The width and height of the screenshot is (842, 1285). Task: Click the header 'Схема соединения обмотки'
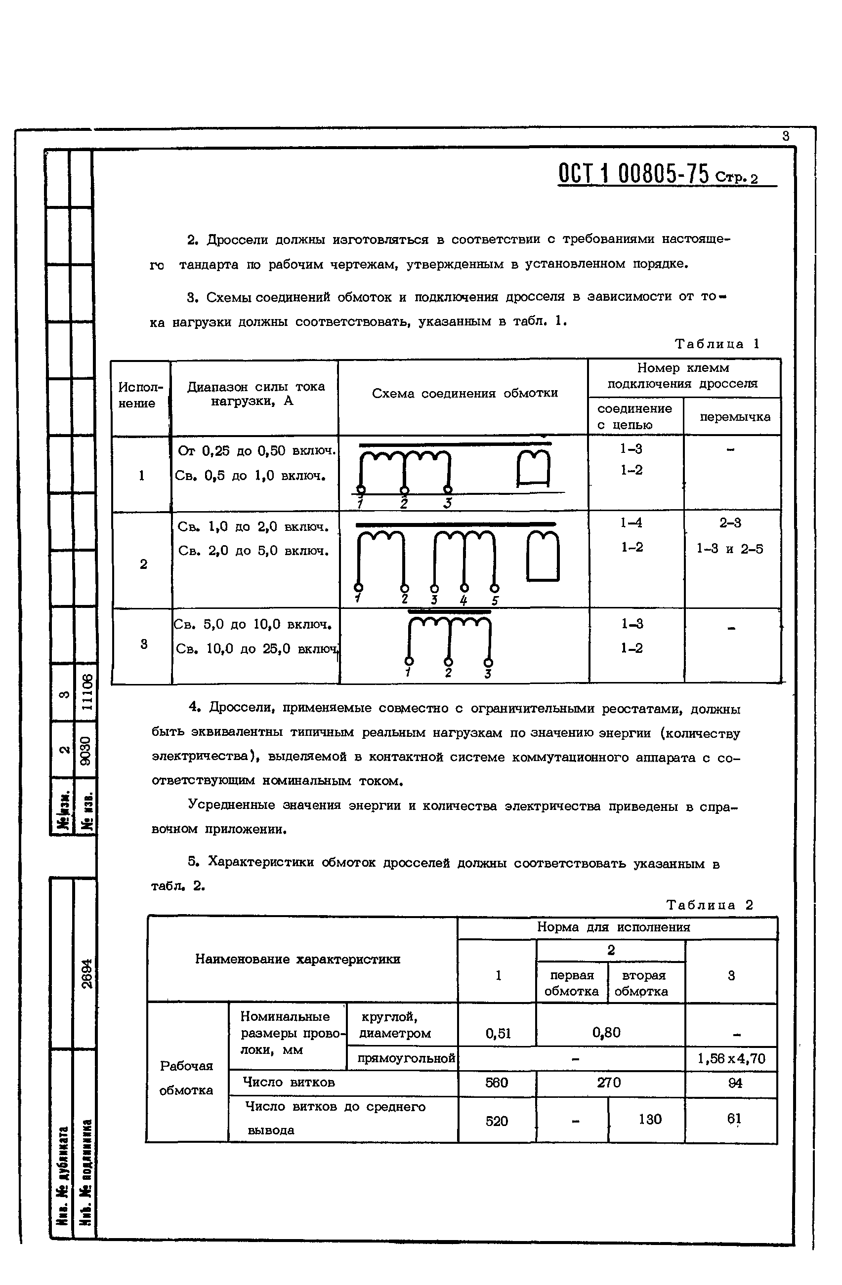(x=464, y=393)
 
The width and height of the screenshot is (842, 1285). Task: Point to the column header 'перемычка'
(x=734, y=417)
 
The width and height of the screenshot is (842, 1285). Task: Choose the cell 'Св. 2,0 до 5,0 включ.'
(x=253, y=551)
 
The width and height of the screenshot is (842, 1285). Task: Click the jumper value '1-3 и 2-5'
(x=730, y=549)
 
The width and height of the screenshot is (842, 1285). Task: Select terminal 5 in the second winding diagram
(x=494, y=588)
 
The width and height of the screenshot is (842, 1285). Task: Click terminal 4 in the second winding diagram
(x=464, y=588)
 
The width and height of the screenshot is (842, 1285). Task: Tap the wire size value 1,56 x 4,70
(x=731, y=1059)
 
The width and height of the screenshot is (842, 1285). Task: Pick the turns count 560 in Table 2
(x=496, y=1083)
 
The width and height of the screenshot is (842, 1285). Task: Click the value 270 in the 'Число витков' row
(x=609, y=1083)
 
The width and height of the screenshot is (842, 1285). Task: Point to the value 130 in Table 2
(x=650, y=1119)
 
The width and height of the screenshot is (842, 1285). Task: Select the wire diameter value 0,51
(x=498, y=1034)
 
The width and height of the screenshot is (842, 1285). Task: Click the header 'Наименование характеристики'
(x=297, y=959)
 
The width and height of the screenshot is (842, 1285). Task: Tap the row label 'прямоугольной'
(x=406, y=1059)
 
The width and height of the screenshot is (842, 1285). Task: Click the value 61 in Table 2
(x=733, y=1118)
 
